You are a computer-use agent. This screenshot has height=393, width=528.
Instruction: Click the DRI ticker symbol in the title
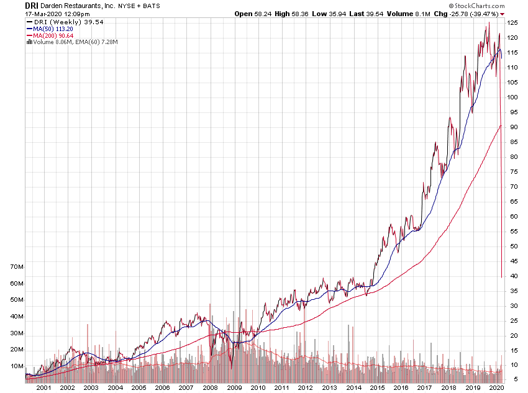tap(32, 4)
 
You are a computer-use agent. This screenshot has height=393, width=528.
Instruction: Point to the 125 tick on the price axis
tap(512, 22)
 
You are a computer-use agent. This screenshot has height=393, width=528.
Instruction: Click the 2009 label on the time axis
tap(234, 387)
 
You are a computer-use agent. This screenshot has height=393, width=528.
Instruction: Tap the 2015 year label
tap(376, 387)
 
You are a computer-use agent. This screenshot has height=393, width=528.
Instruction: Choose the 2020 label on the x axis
tap(496, 387)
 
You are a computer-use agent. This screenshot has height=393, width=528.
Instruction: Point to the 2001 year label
tap(43, 387)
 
